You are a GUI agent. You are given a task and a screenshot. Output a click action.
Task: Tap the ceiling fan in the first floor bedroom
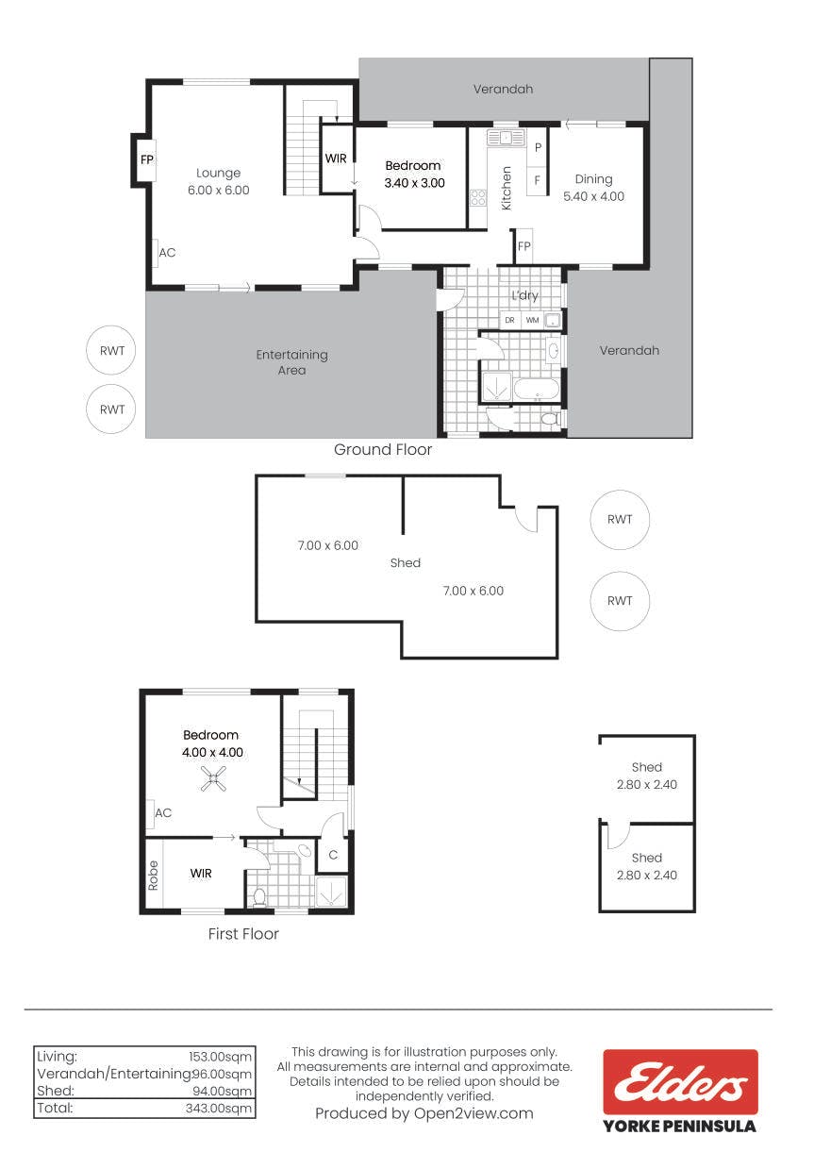pos(212,778)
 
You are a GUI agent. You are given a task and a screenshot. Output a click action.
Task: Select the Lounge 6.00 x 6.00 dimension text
pos(219,191)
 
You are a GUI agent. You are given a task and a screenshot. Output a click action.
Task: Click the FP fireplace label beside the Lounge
pos(147,160)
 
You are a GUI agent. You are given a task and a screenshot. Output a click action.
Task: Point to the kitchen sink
pos(506,138)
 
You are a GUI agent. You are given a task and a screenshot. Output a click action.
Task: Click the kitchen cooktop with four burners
pos(477,198)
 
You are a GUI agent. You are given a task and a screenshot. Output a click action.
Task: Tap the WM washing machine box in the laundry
pos(532,321)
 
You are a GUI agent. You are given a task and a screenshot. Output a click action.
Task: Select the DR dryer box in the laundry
pos(509,321)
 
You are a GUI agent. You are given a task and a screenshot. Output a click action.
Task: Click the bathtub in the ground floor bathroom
pos(537,389)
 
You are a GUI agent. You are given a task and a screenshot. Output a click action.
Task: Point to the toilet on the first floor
pos(259,897)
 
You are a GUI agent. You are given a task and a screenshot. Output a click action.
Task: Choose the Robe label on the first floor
pos(153,876)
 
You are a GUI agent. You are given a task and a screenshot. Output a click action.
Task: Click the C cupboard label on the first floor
pos(333,855)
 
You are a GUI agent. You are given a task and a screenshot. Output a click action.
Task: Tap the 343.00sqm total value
pos(219,1109)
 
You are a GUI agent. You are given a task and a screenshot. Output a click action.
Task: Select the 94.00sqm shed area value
pos(223,1091)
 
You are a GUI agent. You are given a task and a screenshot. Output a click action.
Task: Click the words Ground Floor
pos(383,449)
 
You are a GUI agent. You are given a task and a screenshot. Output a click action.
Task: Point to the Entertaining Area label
pos(292,362)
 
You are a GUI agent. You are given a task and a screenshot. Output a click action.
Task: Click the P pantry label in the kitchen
pos(538,147)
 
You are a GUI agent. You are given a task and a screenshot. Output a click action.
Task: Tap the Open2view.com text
pos(473,1114)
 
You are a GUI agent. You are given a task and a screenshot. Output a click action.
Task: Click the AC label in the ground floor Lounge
pos(167,253)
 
